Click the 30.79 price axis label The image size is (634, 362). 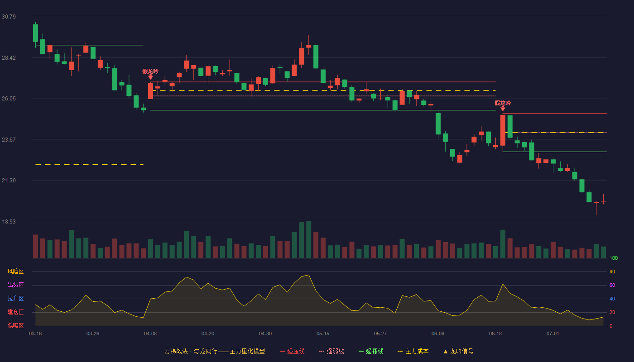[9, 17]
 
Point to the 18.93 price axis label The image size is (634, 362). [9, 221]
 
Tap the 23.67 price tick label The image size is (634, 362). [9, 140]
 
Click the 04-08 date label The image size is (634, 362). [150, 334]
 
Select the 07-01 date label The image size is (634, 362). [553, 334]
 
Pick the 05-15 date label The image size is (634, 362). [323, 334]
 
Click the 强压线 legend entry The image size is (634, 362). [292, 351]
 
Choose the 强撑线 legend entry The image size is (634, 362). [371, 351]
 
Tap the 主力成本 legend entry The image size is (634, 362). [413, 351]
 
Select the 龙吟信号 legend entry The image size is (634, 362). [458, 351]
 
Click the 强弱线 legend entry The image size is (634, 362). [331, 351]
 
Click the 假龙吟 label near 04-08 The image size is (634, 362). [150, 71]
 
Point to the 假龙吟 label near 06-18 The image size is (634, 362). [503, 103]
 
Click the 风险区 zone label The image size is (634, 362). [15, 271]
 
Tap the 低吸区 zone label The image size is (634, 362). [15, 326]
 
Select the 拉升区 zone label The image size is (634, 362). [15, 299]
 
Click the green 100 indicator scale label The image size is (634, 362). [614, 258]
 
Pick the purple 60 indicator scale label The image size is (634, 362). [612, 285]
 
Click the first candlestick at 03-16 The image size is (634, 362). [35, 33]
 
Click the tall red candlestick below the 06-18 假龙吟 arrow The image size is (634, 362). [503, 130]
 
